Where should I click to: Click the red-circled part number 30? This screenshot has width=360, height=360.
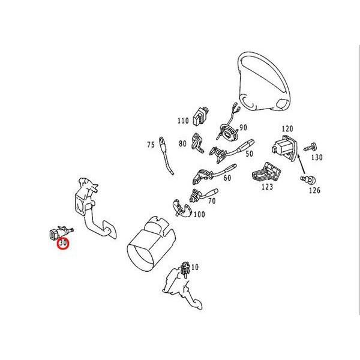(x=63, y=243)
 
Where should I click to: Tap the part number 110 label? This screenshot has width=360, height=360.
(x=183, y=121)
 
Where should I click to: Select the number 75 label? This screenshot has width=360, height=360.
(x=151, y=145)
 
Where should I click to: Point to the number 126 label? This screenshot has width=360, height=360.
(x=314, y=190)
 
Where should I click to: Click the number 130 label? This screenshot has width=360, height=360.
(x=317, y=157)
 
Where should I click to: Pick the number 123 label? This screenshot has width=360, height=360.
(x=267, y=187)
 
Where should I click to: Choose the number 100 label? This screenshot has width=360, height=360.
(x=199, y=214)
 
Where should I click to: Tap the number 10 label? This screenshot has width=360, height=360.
(x=194, y=267)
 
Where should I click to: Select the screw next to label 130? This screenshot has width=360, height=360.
(x=311, y=147)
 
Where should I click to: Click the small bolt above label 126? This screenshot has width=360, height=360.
(x=308, y=179)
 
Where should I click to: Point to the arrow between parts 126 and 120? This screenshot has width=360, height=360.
(x=301, y=164)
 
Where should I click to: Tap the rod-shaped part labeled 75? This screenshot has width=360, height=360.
(x=166, y=156)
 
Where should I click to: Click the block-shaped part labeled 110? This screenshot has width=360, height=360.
(x=200, y=116)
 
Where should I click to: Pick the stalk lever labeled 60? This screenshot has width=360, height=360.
(x=214, y=174)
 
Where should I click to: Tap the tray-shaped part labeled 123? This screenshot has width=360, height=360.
(x=267, y=172)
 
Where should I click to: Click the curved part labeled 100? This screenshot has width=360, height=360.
(x=182, y=208)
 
